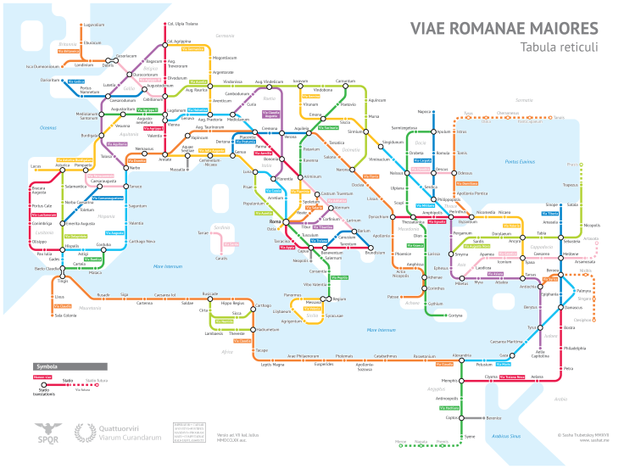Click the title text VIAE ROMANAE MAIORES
pos(504,28)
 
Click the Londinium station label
pos(84,64)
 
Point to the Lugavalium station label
pos(93,25)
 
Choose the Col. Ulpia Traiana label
pos(182,24)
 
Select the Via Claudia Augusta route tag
pos(271,114)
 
